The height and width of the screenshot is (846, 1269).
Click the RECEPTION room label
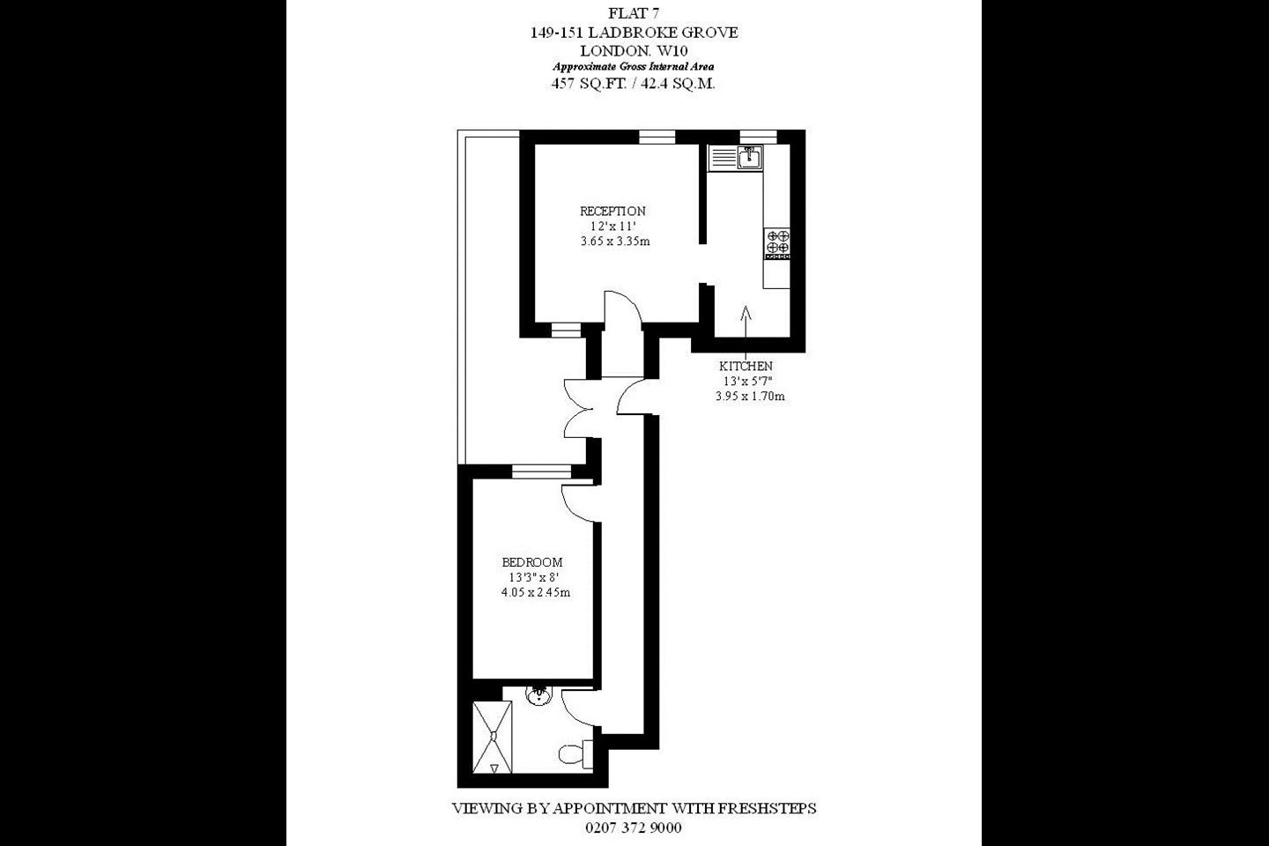(x=612, y=211)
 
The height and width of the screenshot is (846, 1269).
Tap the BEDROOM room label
(x=532, y=562)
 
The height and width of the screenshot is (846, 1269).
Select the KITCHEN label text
(x=746, y=366)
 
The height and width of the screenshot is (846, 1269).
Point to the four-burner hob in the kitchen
(x=777, y=243)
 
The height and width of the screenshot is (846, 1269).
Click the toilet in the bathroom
(x=575, y=754)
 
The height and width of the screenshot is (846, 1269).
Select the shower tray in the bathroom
(x=493, y=738)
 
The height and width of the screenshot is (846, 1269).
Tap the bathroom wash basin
(x=538, y=695)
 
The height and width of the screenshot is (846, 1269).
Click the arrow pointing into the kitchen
(x=746, y=324)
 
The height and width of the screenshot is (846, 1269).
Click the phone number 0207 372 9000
(x=634, y=827)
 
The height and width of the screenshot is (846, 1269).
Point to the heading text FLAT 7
(x=634, y=13)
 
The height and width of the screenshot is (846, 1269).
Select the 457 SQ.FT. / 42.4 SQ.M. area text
(x=634, y=84)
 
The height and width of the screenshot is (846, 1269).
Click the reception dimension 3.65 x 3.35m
(x=615, y=241)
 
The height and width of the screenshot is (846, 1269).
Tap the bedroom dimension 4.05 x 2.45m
(x=536, y=593)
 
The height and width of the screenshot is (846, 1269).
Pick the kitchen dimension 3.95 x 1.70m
(x=750, y=396)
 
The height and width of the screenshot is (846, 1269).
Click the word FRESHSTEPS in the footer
(x=767, y=809)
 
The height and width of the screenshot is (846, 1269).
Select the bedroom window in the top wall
(x=542, y=472)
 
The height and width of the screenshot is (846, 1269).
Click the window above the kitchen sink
(x=758, y=137)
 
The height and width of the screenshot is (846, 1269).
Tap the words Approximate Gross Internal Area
(x=634, y=67)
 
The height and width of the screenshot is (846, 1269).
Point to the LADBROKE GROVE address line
(x=634, y=33)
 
